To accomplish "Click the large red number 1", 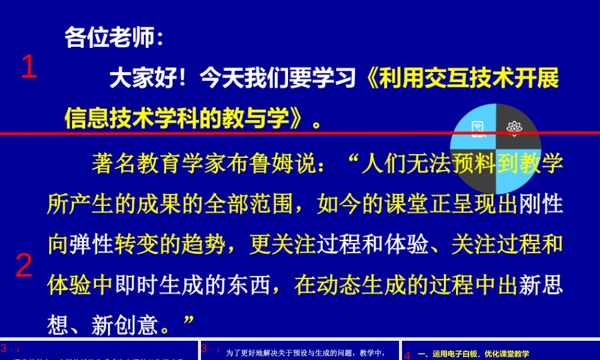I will tap(29, 67).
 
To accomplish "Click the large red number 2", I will tap(24, 265).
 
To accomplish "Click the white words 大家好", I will tap(142, 79).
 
